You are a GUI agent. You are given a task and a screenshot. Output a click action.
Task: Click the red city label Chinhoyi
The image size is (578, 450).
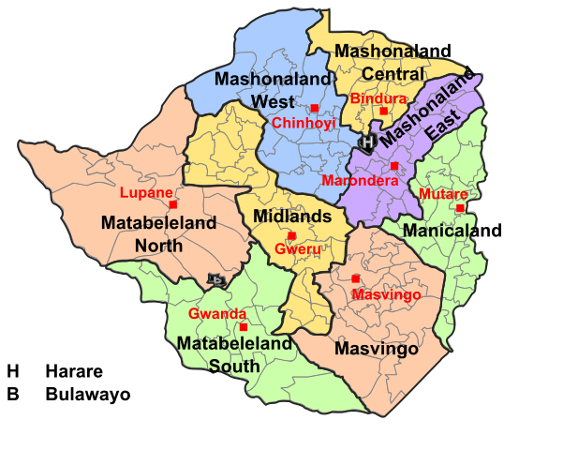304,124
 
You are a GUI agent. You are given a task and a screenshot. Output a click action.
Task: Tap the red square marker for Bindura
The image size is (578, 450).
383,112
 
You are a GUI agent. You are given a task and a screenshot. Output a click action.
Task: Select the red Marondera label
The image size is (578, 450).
353,180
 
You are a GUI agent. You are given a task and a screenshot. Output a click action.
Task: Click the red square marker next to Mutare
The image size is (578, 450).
460,208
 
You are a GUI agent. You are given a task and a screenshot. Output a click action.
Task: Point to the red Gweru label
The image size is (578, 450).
298,249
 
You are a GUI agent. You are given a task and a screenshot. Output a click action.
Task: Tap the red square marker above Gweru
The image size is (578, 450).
291,235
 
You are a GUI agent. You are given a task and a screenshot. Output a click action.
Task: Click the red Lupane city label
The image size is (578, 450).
146,193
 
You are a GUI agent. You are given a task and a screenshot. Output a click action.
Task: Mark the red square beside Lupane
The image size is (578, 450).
173,203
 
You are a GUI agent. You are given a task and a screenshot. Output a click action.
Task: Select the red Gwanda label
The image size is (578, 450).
217,314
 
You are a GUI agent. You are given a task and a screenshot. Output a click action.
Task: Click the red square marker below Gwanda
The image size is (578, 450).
244,327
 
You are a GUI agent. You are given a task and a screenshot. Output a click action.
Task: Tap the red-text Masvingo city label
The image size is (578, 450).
386,295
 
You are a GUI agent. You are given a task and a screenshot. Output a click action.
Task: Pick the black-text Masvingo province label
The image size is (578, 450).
377,349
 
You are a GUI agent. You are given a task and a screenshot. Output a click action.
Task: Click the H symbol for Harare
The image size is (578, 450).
368,142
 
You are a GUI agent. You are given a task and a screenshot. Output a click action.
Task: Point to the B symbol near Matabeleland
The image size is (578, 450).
216,279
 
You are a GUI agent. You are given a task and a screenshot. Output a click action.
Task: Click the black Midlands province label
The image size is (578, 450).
293,217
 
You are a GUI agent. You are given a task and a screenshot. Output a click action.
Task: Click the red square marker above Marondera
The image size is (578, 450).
394,166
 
